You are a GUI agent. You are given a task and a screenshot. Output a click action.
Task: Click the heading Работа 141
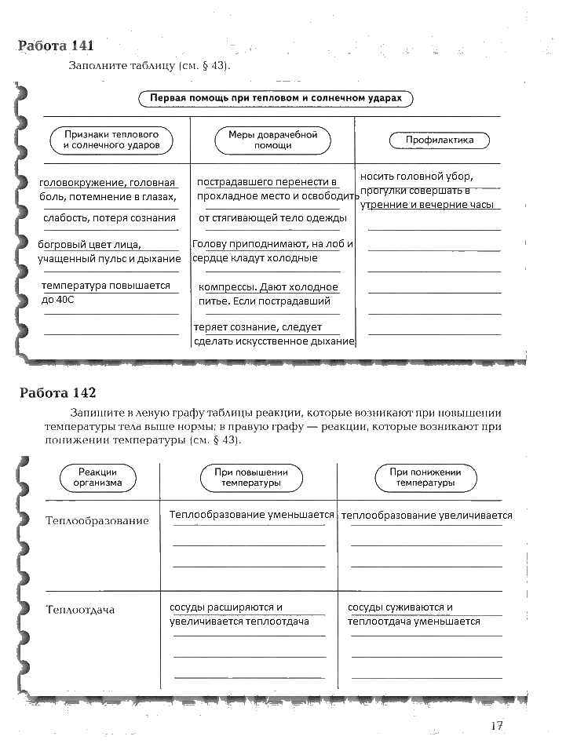[x=60, y=46]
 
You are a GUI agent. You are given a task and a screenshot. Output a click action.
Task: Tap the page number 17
[x=496, y=726]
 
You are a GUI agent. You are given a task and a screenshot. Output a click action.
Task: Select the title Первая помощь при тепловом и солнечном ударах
[x=276, y=99]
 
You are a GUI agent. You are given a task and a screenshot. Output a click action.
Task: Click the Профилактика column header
[x=440, y=140]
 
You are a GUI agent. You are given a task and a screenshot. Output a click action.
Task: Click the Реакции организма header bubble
[x=98, y=478]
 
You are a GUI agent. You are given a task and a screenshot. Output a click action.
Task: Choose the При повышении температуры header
[x=251, y=478]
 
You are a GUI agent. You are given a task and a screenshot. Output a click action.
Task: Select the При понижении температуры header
[x=425, y=478]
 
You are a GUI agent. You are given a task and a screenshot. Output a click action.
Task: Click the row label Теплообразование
[x=97, y=521]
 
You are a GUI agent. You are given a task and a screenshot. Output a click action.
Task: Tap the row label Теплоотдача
[x=80, y=610]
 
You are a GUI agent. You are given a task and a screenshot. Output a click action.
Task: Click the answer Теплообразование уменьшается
[x=251, y=515]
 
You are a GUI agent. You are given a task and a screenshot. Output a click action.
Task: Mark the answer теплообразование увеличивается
[x=427, y=516]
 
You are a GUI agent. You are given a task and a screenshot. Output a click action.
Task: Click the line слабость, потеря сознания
[x=110, y=217]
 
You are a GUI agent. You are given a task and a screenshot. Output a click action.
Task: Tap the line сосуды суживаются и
[x=400, y=607]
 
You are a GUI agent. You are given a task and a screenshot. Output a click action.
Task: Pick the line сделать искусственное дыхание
[x=274, y=341]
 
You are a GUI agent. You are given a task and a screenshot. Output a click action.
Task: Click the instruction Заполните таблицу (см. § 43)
[x=149, y=66]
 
